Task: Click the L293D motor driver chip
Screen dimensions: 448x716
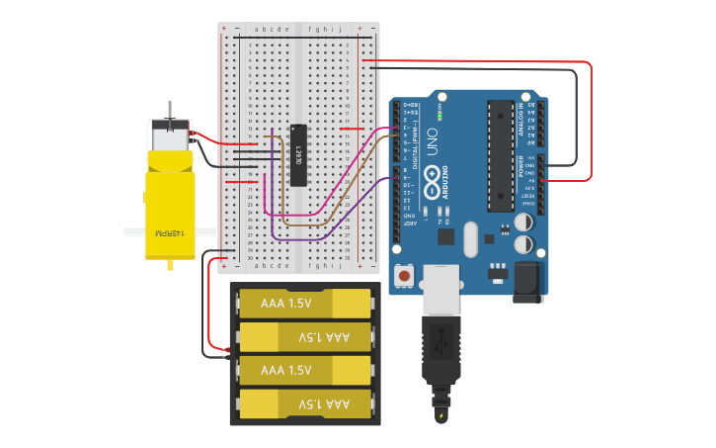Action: tap(298, 155)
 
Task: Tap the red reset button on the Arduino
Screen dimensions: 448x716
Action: tap(404, 273)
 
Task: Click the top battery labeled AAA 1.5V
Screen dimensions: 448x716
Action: tap(305, 303)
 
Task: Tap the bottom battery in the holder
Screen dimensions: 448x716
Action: tap(305, 403)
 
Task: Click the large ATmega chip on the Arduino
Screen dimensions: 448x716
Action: tap(501, 156)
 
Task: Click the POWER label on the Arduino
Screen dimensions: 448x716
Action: tap(521, 166)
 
